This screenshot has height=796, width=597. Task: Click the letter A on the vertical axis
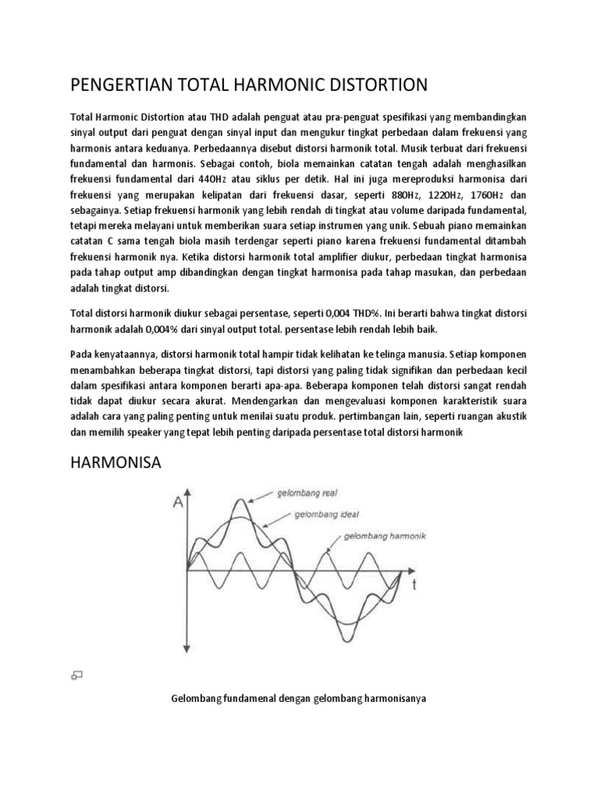180,503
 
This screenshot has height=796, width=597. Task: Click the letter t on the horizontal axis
415,587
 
